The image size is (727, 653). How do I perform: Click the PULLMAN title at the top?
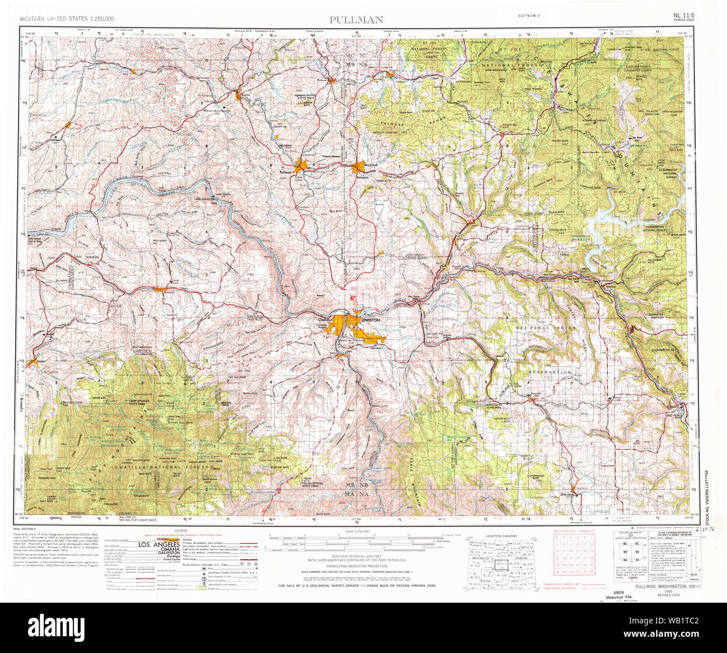(x=356, y=20)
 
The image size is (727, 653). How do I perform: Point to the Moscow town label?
(x=371, y=165)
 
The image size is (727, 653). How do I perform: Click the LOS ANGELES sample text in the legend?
(x=158, y=545)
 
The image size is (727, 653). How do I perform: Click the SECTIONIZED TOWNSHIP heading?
(x=574, y=530)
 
